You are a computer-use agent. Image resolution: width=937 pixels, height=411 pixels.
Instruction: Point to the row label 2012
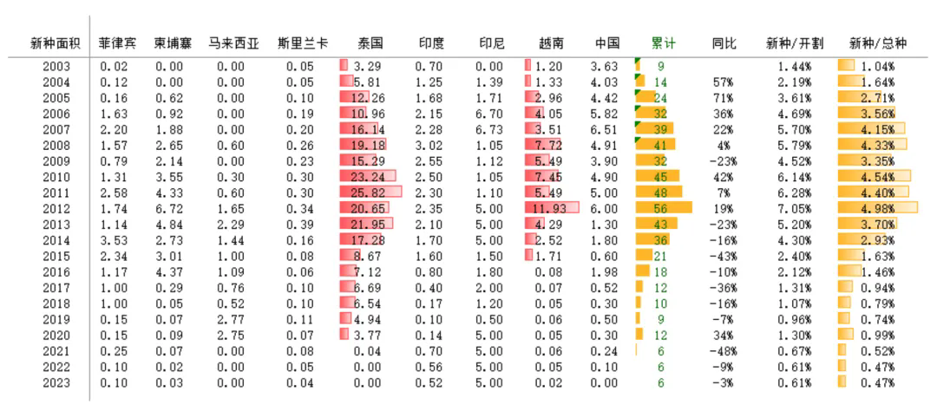click(x=56, y=209)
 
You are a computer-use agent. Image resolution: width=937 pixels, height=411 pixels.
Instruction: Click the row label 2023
click(x=56, y=383)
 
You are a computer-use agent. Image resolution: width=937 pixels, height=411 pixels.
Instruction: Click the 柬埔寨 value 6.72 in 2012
click(x=169, y=209)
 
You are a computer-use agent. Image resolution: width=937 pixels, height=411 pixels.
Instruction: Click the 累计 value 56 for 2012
click(x=660, y=209)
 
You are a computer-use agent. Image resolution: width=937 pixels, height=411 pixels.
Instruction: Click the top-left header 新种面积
click(x=56, y=42)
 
